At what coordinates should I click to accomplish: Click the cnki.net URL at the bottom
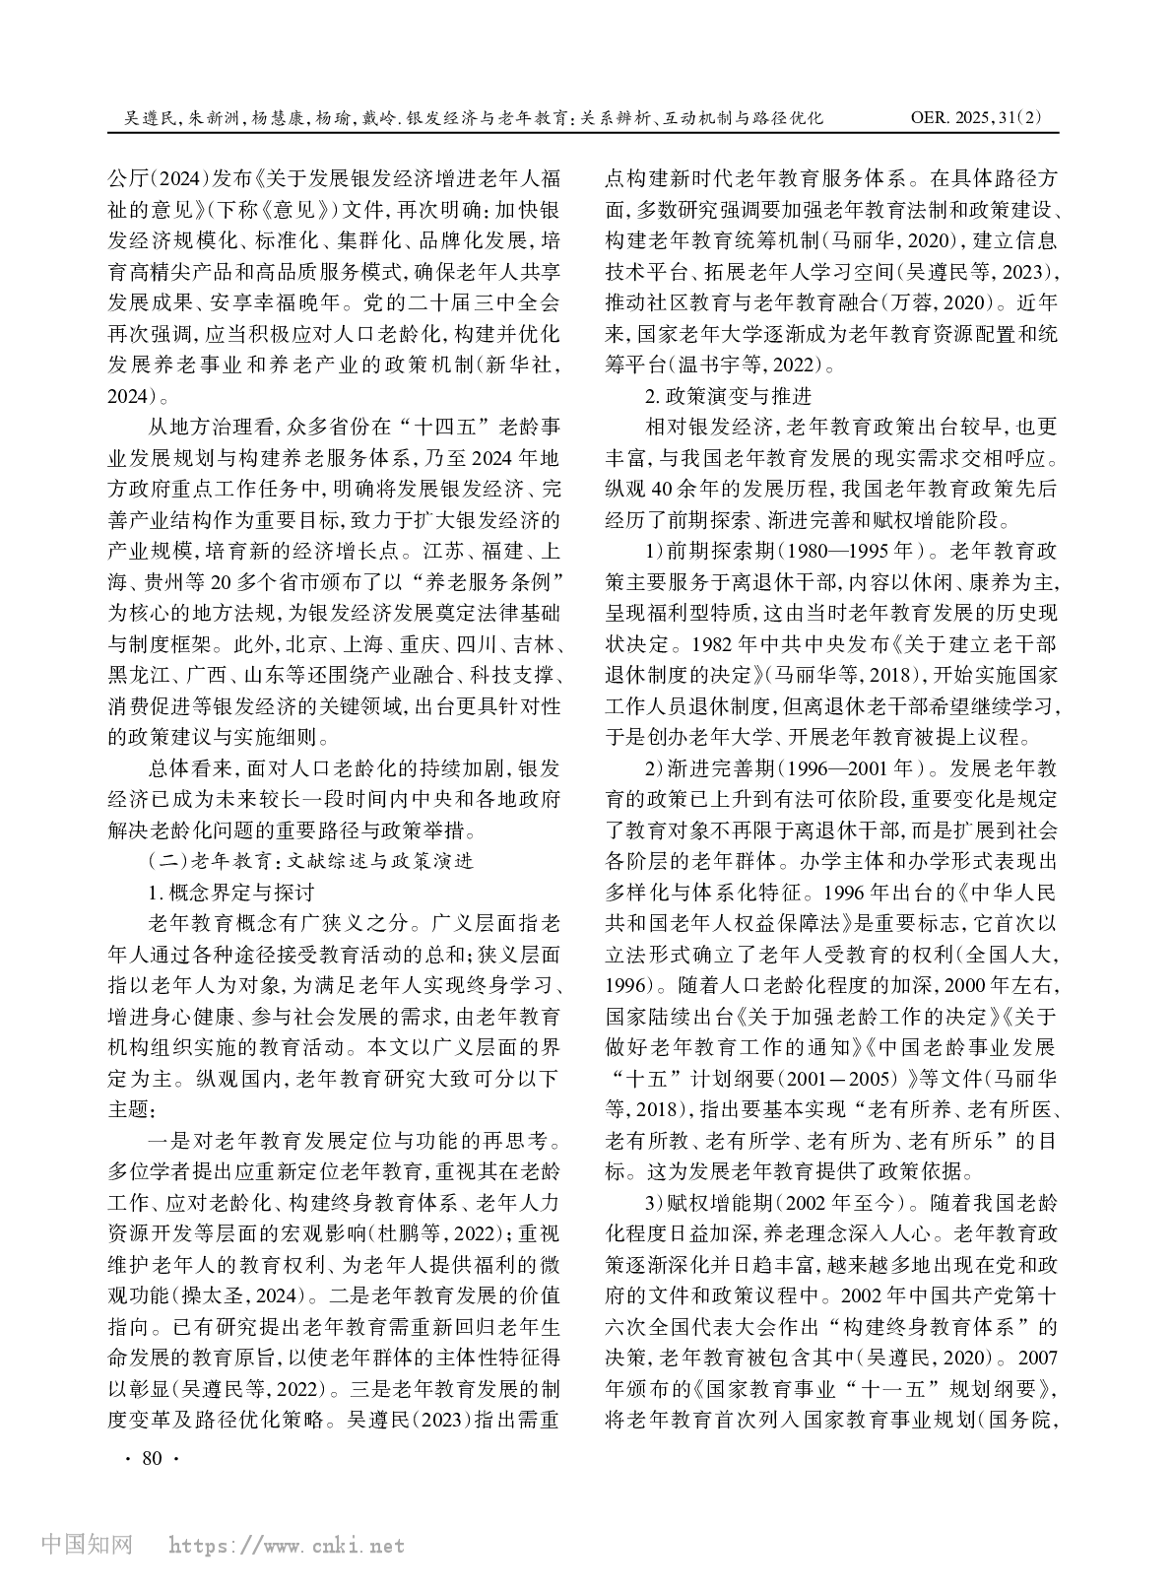(287, 1546)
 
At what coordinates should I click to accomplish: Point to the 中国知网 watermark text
(88, 1545)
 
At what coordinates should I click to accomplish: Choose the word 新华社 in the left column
(514, 365)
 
